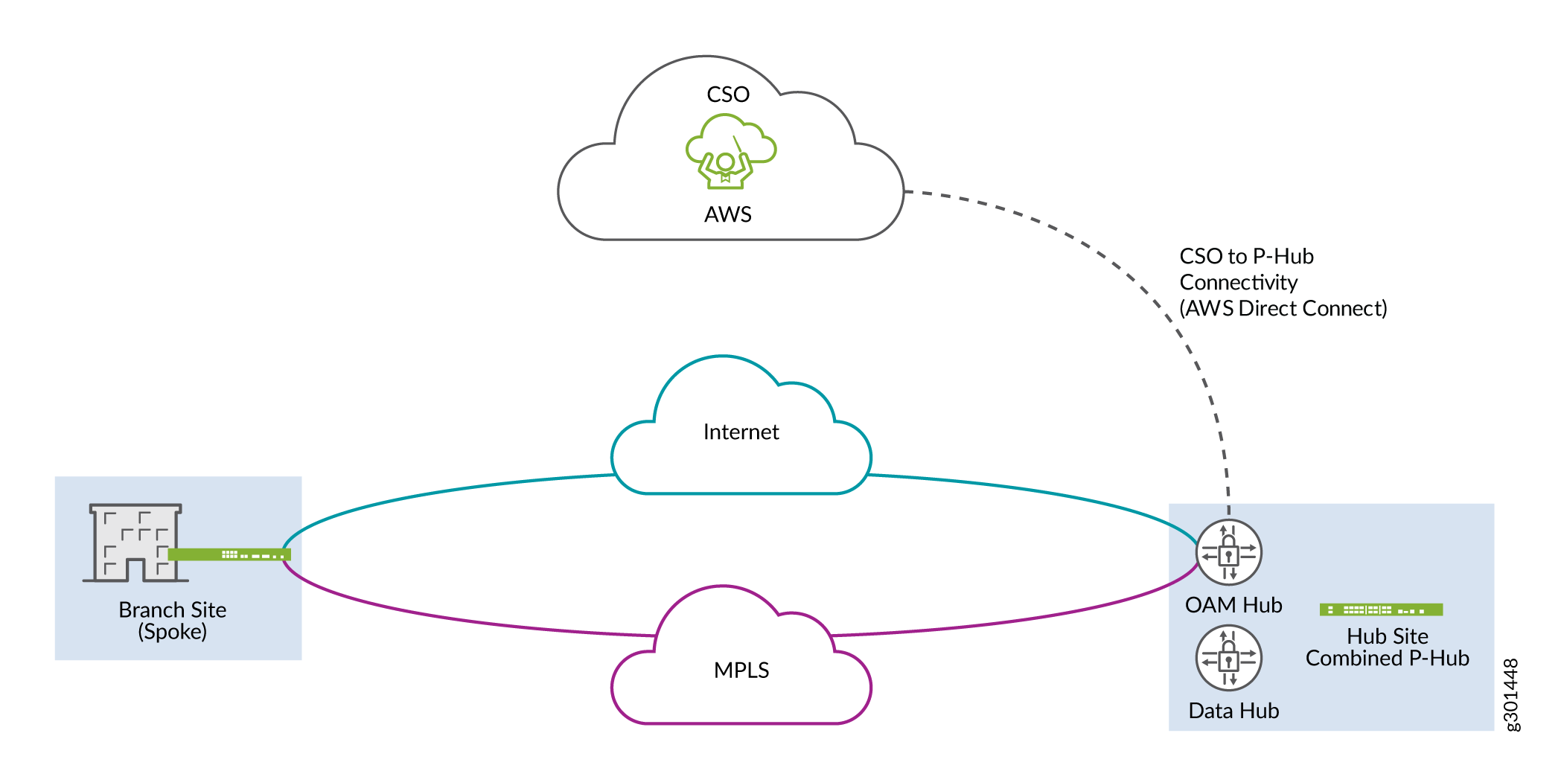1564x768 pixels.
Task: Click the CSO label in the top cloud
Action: tap(727, 95)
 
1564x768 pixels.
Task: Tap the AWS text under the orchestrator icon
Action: tap(727, 214)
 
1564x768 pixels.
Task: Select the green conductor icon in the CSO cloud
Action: tap(730, 151)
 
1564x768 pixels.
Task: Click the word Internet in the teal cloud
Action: tap(741, 432)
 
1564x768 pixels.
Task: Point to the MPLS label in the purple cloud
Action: tap(741, 670)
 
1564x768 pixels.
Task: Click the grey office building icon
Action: tap(135, 543)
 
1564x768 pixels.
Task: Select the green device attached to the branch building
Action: tap(229, 554)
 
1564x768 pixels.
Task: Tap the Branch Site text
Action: tap(172, 609)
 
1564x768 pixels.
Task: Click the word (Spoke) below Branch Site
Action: tap(172, 632)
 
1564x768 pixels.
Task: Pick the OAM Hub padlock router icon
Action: tap(1228, 552)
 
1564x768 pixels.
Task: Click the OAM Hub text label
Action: tap(1233, 605)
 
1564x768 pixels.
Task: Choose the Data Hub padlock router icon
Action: tap(1228, 658)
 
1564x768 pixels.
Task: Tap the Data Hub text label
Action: tap(1233, 711)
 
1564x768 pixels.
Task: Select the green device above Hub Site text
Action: tap(1381, 610)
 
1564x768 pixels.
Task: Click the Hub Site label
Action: tap(1388, 636)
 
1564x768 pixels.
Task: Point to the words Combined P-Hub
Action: tap(1388, 658)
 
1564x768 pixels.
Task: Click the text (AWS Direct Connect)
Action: tap(1283, 308)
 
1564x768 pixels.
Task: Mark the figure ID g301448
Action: tap(1511, 695)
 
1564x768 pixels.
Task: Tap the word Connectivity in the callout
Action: tap(1239, 283)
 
